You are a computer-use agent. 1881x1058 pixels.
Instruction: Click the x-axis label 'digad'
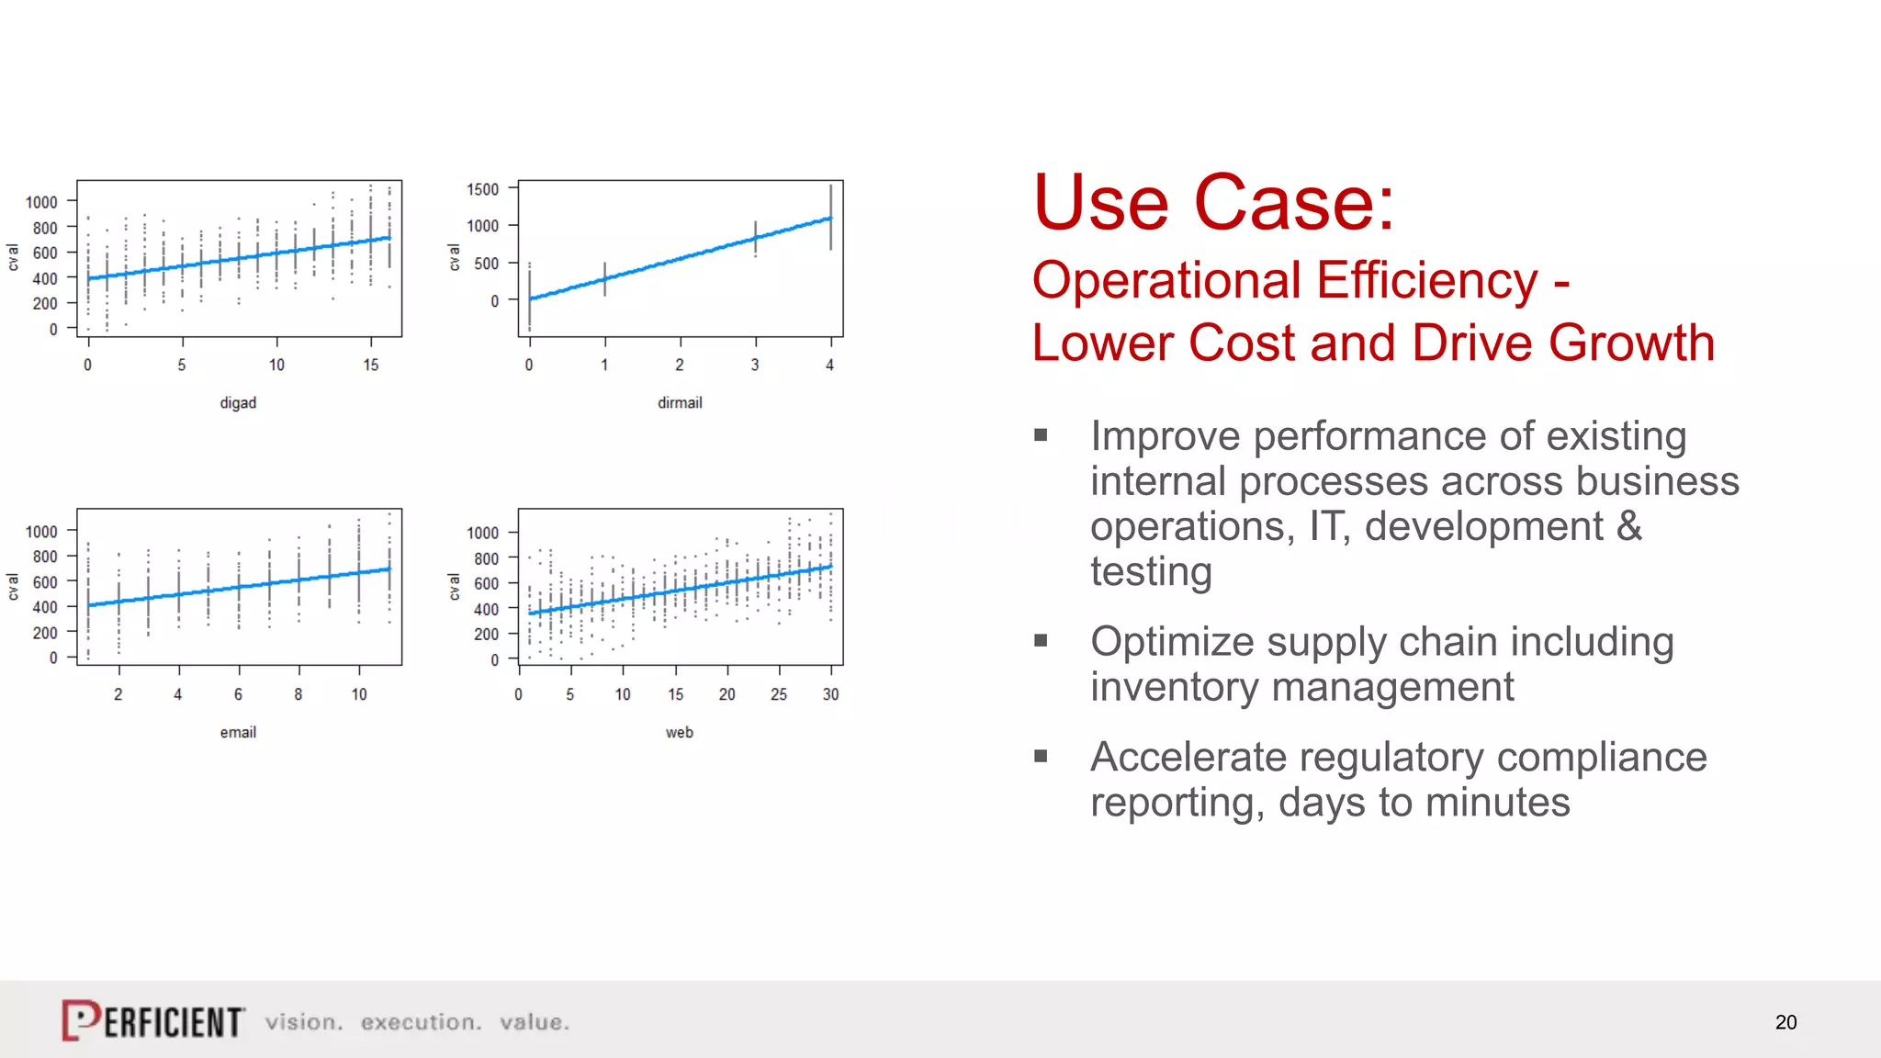click(238, 402)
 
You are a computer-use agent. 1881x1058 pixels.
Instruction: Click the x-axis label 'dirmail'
click(680, 402)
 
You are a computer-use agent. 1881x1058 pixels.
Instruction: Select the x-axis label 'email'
click(238, 732)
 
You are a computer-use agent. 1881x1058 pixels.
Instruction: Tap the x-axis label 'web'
click(680, 732)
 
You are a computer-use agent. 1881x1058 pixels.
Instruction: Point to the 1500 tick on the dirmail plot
click(483, 189)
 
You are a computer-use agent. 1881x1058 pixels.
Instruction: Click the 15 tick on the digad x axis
click(370, 365)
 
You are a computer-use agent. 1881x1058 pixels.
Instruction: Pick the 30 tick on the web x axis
click(830, 694)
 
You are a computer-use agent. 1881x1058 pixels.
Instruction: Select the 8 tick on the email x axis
click(298, 694)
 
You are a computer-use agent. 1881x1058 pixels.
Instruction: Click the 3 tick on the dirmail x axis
click(755, 365)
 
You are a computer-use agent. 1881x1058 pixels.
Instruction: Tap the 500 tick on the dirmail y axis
click(486, 264)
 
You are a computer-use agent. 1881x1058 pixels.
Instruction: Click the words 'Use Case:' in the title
click(1213, 203)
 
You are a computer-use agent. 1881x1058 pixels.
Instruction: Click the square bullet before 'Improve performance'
click(1041, 435)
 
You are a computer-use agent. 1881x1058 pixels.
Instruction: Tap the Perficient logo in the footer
click(153, 1020)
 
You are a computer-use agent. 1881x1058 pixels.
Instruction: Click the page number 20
click(1785, 1022)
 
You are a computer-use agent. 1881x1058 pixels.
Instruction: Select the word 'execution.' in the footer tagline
click(421, 1022)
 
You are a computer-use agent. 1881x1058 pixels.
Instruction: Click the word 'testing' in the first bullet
click(1151, 572)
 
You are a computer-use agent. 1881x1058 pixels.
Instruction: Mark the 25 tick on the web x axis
click(779, 694)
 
